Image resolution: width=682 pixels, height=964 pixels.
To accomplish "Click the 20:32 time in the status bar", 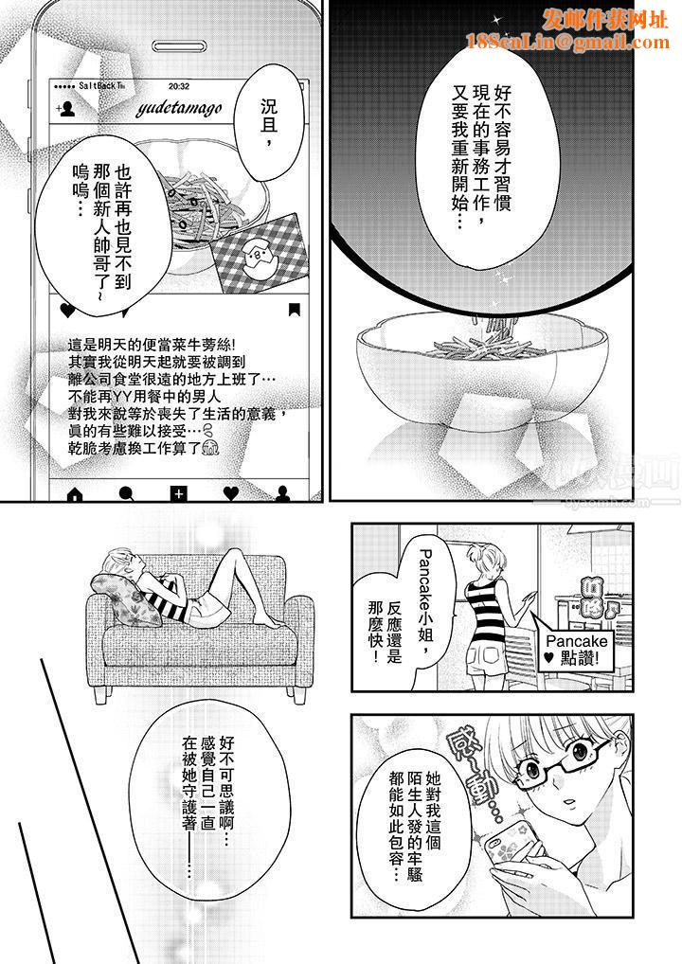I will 179,84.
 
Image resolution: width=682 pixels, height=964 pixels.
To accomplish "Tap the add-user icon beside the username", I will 67,109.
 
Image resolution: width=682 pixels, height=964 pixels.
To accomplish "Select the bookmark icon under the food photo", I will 295,309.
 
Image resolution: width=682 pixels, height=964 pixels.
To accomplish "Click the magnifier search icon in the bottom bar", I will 125,492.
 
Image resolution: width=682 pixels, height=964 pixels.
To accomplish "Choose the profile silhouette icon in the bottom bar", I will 281,492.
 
